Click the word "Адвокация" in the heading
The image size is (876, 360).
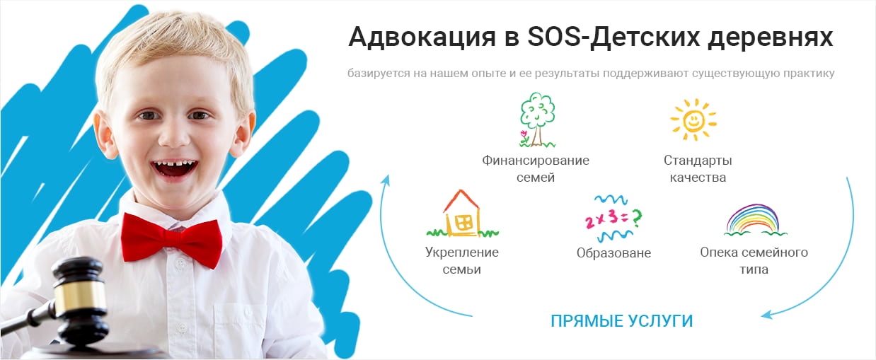tap(423, 37)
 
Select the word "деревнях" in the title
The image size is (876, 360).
tap(771, 37)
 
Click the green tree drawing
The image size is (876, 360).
tap(537, 120)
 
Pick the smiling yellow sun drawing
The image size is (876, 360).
tap(693, 120)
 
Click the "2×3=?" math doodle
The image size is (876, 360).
tap(613, 219)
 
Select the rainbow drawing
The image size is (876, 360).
tap(754, 220)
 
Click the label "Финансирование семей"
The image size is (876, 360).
tap(536, 169)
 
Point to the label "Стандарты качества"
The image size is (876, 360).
tap(698, 169)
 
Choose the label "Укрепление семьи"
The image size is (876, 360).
tap(462, 261)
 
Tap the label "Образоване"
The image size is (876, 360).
tap(613, 253)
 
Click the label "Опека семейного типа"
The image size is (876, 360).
tap(754, 261)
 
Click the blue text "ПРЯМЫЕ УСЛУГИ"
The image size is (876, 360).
tap(622, 321)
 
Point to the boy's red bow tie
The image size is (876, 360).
tap(171, 240)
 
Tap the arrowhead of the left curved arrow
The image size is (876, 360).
tap(386, 180)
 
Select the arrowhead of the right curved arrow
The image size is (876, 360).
tap(766, 314)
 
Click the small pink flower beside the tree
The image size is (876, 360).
tap(524, 136)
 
